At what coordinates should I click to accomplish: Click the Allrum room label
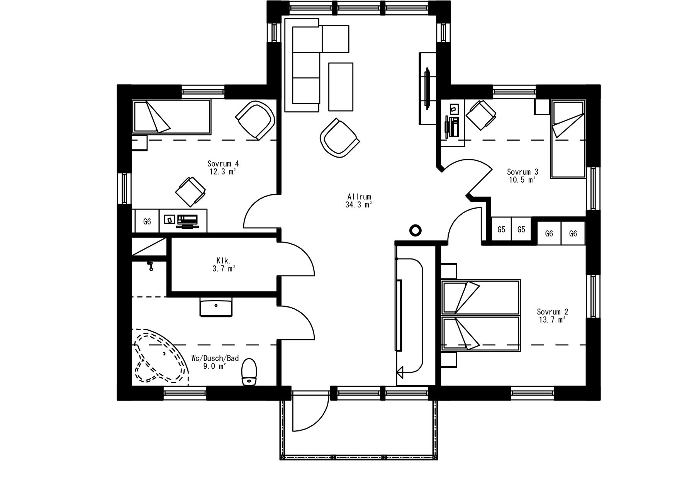point(359,197)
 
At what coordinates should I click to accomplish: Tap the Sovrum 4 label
point(222,164)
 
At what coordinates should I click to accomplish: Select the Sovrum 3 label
point(522,172)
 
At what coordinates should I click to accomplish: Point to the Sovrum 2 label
point(552,312)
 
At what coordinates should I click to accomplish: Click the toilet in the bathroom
point(249,372)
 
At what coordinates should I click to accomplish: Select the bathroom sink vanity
point(216,306)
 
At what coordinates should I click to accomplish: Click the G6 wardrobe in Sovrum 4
point(147,221)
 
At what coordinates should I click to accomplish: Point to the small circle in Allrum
point(415,231)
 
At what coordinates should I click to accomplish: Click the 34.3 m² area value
point(359,205)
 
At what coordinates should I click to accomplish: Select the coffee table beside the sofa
point(341,87)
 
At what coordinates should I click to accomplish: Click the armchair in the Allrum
point(339,138)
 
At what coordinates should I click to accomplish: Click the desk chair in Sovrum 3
point(481,115)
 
